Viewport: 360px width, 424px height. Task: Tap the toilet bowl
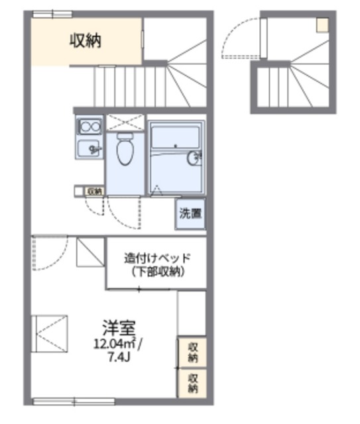[x=124, y=150]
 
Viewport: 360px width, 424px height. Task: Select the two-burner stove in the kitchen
[x=89, y=125]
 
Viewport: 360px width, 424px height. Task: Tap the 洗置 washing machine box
[x=190, y=214]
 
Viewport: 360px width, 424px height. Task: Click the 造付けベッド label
[x=157, y=258]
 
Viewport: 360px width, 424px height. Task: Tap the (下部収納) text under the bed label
[x=157, y=272]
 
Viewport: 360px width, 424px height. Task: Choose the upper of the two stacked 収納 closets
[x=192, y=352]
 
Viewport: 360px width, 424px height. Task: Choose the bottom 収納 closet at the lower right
[x=192, y=383]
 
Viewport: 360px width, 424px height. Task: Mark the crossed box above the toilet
[x=125, y=122]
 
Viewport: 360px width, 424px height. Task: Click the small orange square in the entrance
[x=322, y=25]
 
